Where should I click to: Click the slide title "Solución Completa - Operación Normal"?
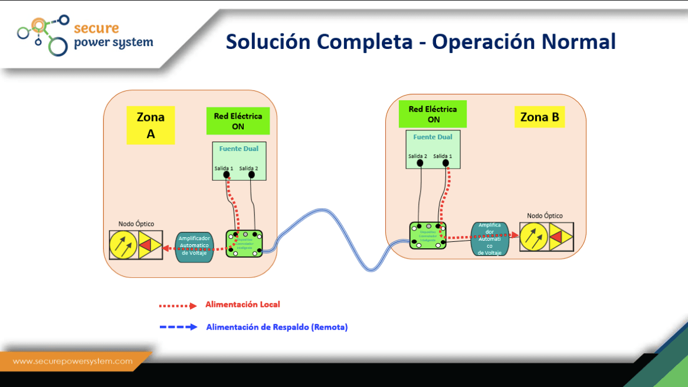421,42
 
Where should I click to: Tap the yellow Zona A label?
150,125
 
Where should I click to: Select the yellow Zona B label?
539,117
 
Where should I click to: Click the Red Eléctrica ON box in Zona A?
238,121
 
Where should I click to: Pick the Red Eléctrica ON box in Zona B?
433,114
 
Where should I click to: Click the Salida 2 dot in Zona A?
252,175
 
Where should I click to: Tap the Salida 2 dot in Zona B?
419,163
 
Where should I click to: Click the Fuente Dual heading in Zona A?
239,149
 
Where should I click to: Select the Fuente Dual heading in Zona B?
433,137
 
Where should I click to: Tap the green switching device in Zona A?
244,244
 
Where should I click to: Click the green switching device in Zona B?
428,235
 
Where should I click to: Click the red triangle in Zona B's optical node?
556,237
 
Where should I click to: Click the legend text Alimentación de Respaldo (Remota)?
277,327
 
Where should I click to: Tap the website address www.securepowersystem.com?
73,362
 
